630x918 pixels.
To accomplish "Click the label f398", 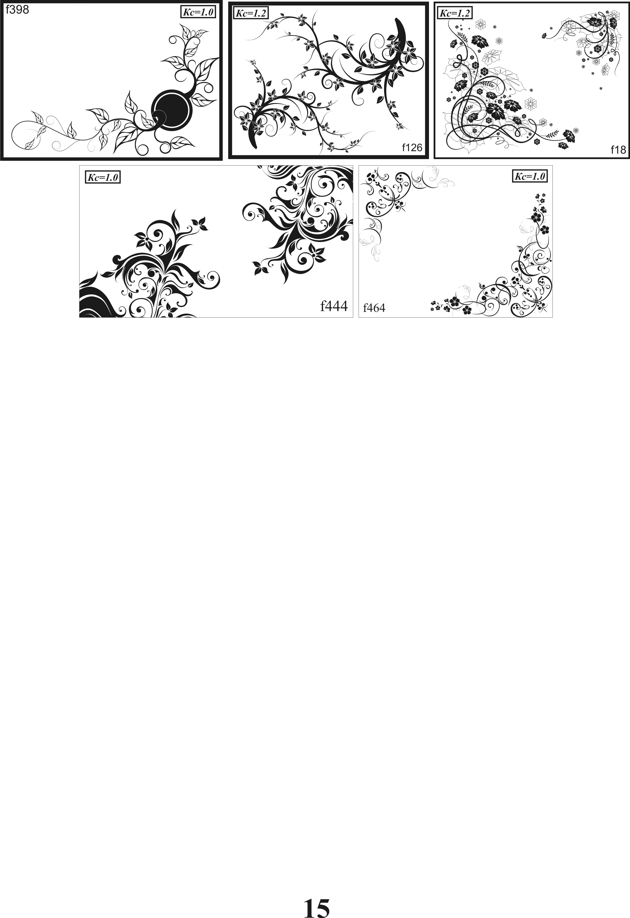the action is click(17, 10).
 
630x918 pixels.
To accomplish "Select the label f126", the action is click(412, 148).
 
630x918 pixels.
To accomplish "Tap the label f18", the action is click(618, 149).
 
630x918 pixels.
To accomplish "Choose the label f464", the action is click(374, 308).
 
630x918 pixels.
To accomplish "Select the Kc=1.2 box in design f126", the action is click(251, 13).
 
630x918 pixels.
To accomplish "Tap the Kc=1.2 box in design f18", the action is click(455, 13).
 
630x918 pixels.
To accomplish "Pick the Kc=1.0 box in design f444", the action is click(103, 177).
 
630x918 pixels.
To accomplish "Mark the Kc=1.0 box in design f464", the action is click(530, 176).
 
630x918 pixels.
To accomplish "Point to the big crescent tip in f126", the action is click(396, 20).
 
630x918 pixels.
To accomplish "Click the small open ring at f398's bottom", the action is click(165, 148).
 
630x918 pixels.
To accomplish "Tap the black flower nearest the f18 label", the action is click(569, 136).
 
